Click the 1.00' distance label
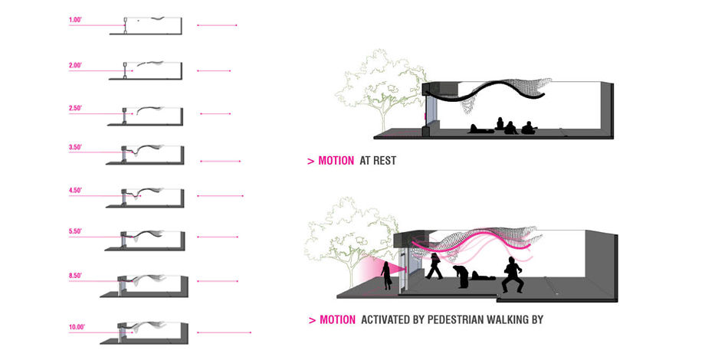75,19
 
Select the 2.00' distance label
75,65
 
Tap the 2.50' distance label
75,108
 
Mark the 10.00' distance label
76,326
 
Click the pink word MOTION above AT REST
336,162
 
